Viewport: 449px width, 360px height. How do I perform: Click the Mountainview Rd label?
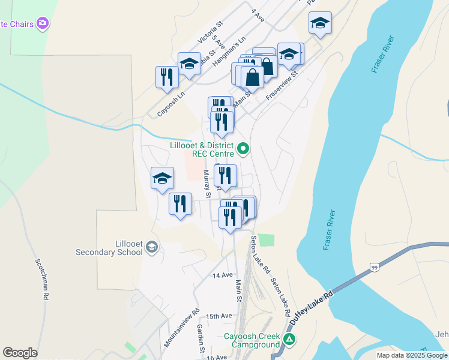(181, 329)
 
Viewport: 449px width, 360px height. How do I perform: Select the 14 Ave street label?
(222, 275)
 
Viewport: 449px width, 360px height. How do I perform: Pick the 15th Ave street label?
(218, 316)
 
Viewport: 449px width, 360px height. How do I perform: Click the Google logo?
(20, 353)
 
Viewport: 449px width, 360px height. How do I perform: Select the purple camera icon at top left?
(42, 23)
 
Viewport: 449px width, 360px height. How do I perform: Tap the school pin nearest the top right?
(320, 24)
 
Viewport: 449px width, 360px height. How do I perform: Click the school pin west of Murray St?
(162, 178)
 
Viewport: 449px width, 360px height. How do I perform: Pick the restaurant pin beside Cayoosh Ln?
(166, 77)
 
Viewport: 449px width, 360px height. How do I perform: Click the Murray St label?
(208, 184)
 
